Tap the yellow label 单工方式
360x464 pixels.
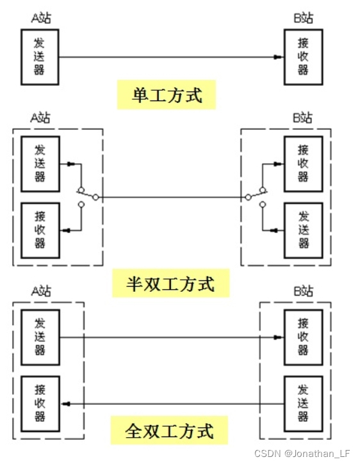[x=167, y=96]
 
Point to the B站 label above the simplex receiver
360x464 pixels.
[x=304, y=17]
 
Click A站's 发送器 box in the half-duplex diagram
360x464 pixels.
[x=40, y=164]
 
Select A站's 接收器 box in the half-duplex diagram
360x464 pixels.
[x=40, y=229]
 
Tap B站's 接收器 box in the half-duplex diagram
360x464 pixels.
[x=303, y=164]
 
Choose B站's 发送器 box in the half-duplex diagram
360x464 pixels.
[x=303, y=229]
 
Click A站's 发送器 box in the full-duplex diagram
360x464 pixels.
[x=40, y=337]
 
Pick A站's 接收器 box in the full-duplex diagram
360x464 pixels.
[x=40, y=403]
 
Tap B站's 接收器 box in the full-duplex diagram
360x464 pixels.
[x=303, y=337]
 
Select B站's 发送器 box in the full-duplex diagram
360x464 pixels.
[x=303, y=403]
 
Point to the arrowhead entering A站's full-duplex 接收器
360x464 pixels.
[x=65, y=404]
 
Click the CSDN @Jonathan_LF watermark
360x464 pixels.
[x=305, y=453]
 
